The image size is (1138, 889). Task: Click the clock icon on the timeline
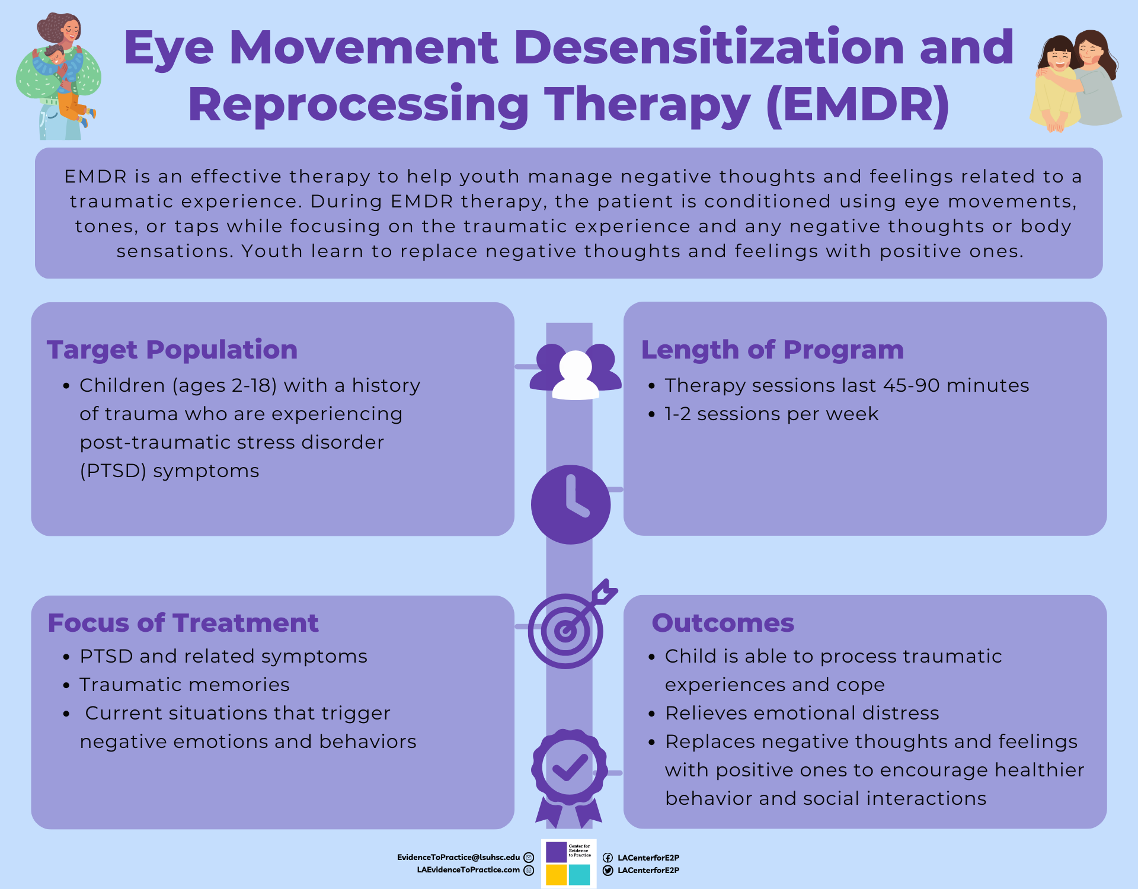coord(570,504)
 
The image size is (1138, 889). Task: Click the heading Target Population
coord(172,350)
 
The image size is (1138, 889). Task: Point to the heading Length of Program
coord(772,350)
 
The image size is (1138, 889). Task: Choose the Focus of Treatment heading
coord(183,623)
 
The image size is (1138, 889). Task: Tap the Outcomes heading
coord(723,623)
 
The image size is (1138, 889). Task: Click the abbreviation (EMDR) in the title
coord(858,105)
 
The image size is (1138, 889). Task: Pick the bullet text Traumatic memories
coord(184,685)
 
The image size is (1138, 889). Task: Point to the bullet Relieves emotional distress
coord(802,714)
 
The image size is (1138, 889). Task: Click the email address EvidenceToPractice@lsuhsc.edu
coord(458,858)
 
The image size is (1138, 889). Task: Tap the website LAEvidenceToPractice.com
coord(468,870)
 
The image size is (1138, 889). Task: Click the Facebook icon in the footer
coord(608,858)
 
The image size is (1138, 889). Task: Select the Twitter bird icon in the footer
coord(608,871)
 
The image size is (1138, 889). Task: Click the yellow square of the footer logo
coord(556,875)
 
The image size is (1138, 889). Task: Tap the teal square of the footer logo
coord(579,875)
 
